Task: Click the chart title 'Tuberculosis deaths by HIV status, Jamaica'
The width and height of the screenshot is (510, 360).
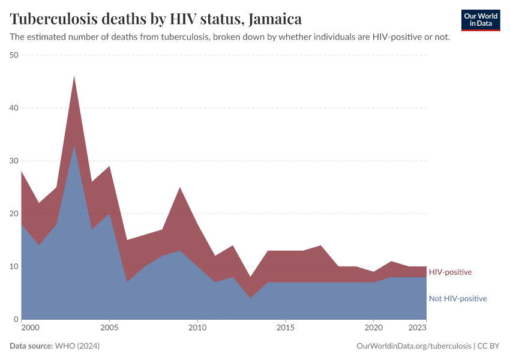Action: tap(156, 19)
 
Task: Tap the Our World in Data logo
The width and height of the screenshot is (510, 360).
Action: tap(480, 20)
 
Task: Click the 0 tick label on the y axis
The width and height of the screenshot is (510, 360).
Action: tap(16, 319)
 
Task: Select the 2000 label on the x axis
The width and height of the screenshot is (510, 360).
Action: tap(31, 328)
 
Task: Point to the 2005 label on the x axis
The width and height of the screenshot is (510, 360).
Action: tap(109, 328)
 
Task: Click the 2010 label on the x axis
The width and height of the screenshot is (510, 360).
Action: tap(197, 328)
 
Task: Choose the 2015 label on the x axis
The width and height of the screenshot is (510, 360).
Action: tap(286, 328)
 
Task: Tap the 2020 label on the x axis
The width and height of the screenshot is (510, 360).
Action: tap(373, 328)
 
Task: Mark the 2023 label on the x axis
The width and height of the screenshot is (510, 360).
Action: tap(418, 328)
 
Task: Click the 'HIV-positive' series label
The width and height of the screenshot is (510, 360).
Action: tap(450, 272)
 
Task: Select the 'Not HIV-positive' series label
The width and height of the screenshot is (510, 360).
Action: tap(457, 298)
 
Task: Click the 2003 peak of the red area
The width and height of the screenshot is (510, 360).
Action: tap(74, 77)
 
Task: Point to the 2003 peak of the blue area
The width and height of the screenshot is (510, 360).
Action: tap(74, 146)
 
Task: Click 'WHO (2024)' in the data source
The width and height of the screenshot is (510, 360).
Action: tap(77, 346)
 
